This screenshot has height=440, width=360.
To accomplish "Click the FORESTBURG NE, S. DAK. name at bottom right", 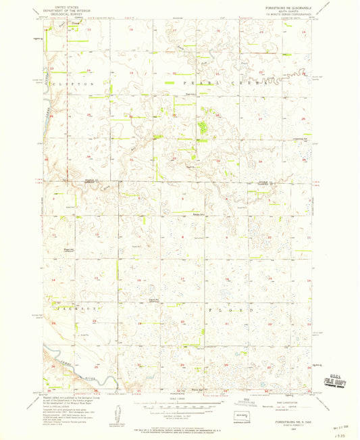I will tap(284, 419).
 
